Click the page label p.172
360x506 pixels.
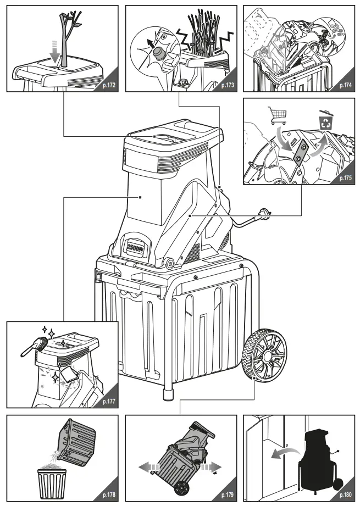coord(108,85)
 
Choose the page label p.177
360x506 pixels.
coord(108,402)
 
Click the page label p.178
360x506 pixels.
coord(108,495)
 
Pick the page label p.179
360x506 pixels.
coord(227,495)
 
